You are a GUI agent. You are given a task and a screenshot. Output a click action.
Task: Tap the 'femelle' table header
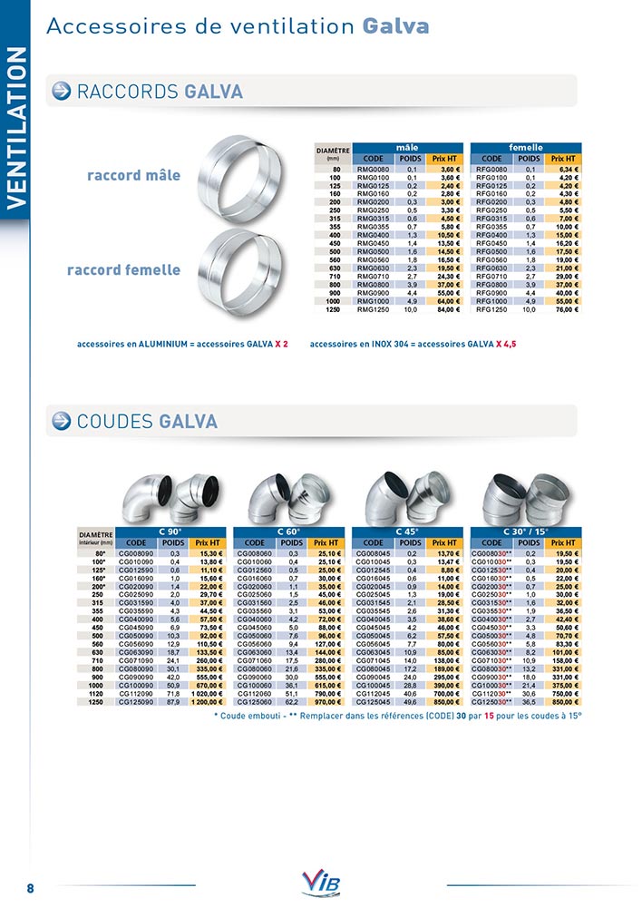[x=526, y=147]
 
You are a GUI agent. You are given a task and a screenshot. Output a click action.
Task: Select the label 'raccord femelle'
[x=123, y=269]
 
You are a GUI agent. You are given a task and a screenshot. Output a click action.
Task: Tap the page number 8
[x=30, y=887]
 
